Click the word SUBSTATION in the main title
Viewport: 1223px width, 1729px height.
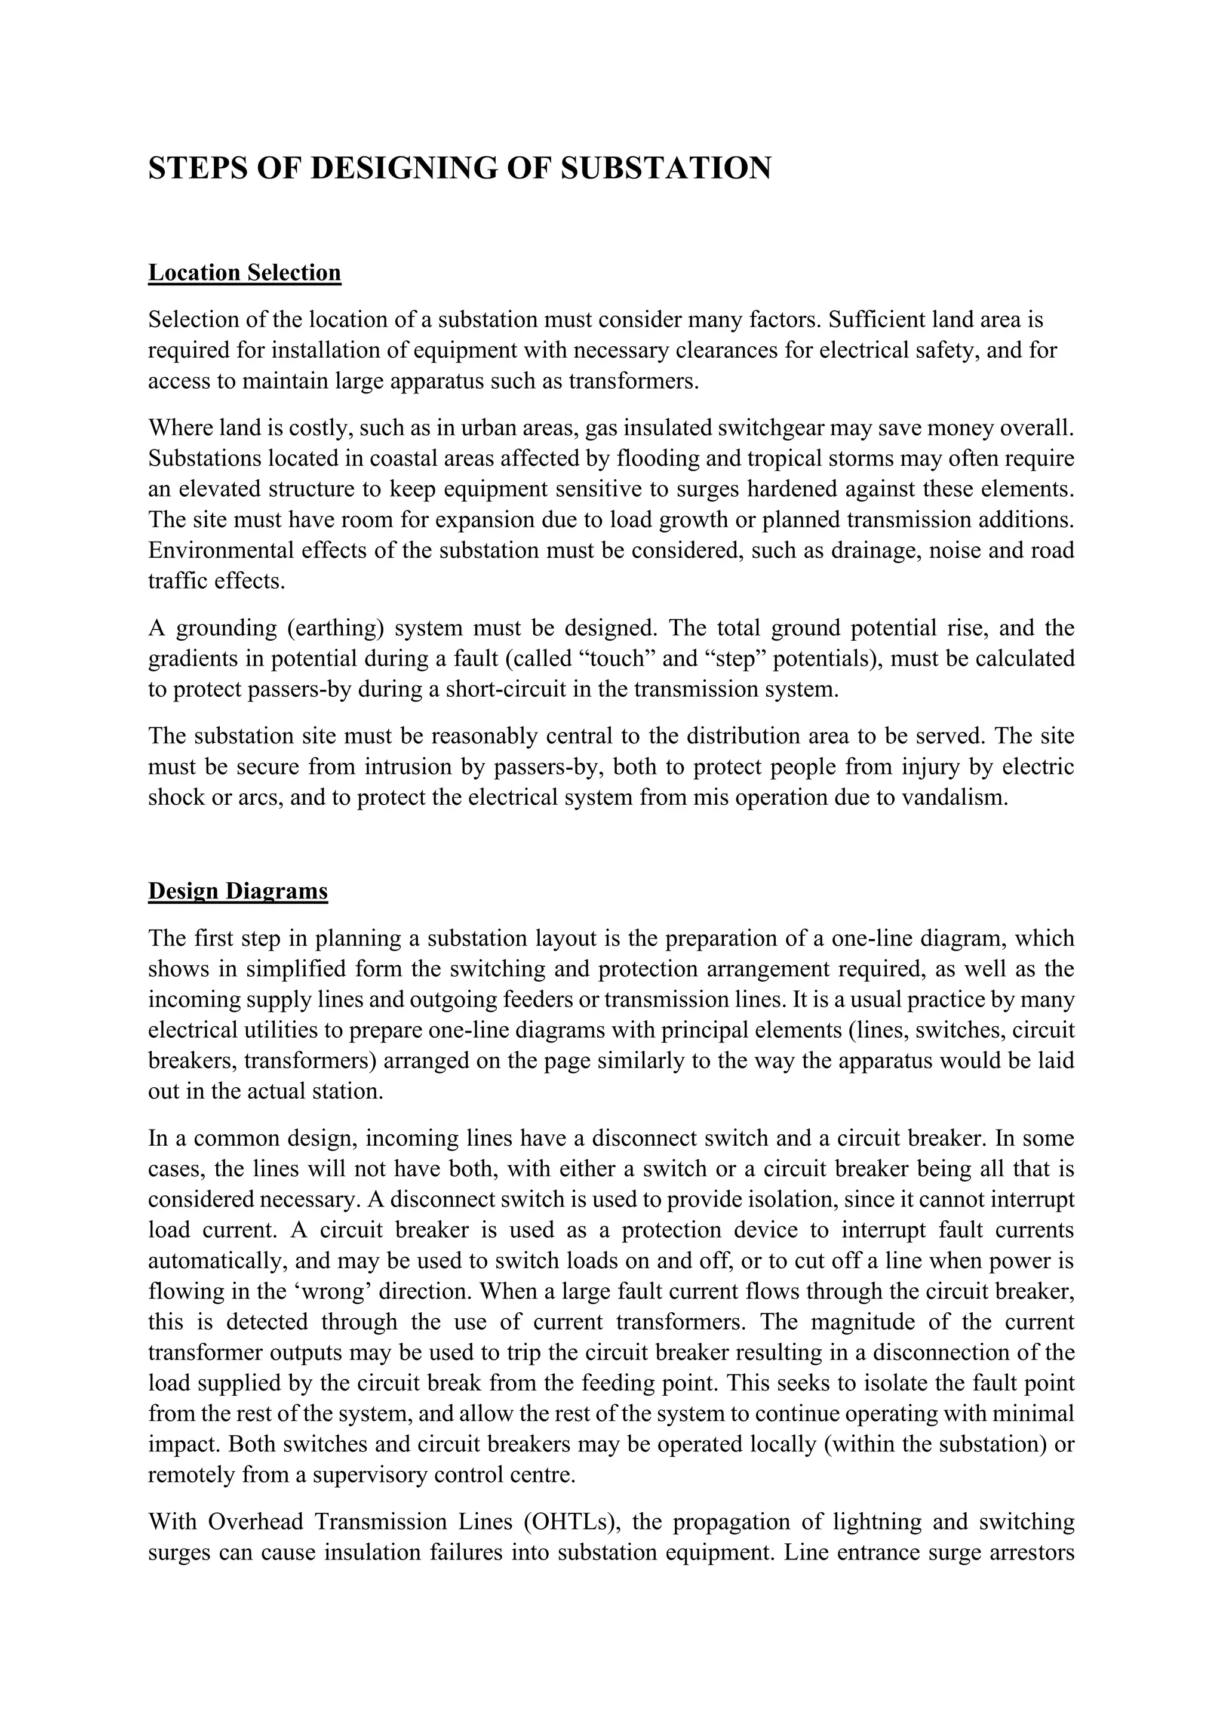coord(666,168)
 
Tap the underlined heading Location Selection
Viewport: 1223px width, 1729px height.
coord(245,273)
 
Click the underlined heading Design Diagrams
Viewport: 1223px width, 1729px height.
coord(238,891)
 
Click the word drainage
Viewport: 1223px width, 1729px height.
coord(872,550)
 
